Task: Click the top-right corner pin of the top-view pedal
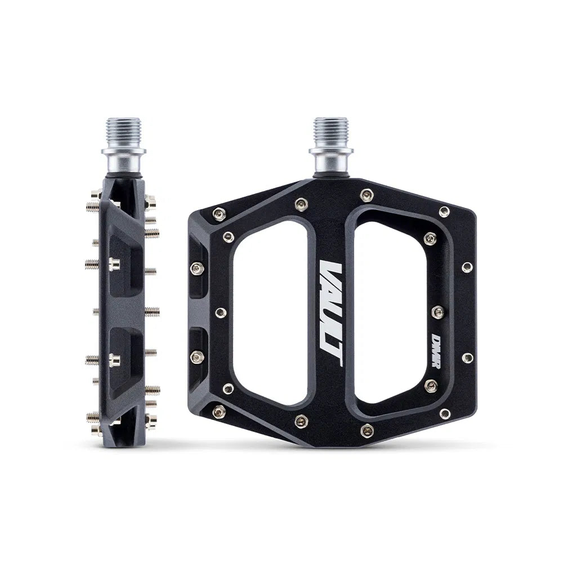click(444, 211)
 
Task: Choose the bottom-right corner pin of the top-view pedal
click(445, 413)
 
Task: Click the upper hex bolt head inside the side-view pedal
click(114, 262)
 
